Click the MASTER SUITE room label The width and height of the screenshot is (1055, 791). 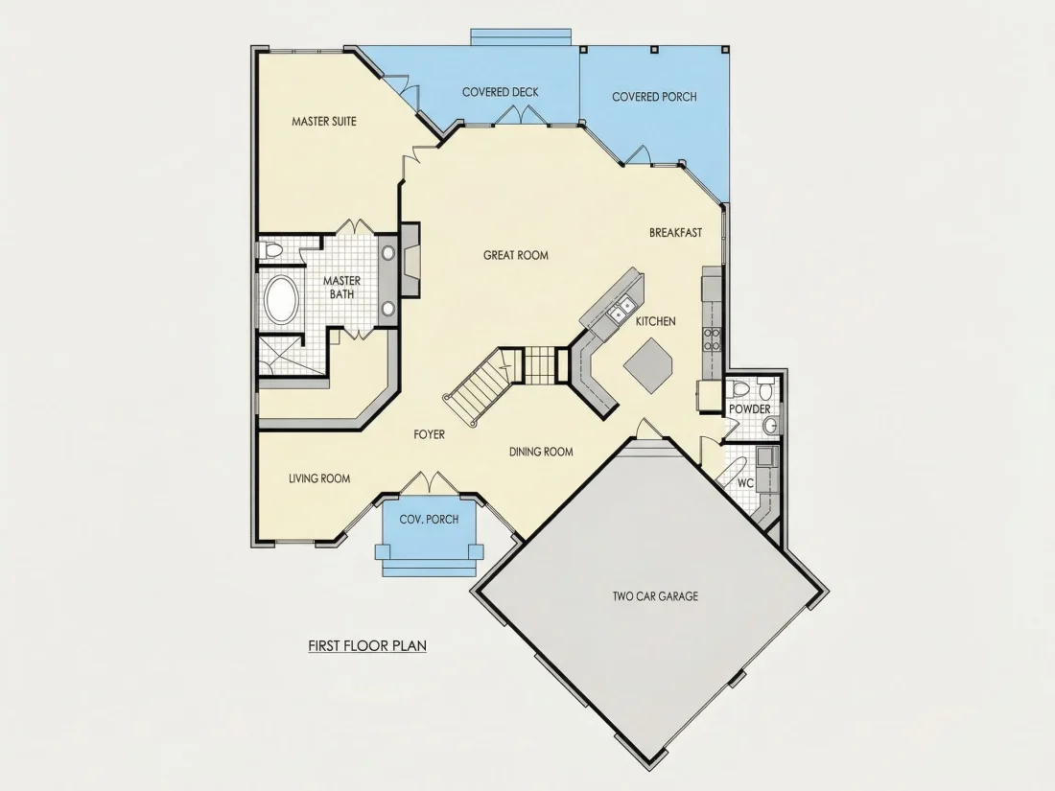coord(323,122)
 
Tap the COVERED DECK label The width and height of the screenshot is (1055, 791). coord(500,92)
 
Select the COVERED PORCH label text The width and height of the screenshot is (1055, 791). coord(654,97)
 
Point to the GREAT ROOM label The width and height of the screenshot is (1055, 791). coord(515,256)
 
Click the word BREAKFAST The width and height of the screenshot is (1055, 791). coord(675,233)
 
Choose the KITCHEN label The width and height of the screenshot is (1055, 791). coord(655,321)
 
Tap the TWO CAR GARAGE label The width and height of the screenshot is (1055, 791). coord(655,596)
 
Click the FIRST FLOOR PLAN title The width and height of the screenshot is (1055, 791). coord(367,645)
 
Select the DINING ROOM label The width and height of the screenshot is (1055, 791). coord(541,452)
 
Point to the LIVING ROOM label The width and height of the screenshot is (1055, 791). coord(319,478)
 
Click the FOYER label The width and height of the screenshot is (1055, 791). coord(430,435)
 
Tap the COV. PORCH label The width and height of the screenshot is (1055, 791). coord(430,520)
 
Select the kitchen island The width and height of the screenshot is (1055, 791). coord(648,365)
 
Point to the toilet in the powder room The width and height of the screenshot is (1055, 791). coord(739,388)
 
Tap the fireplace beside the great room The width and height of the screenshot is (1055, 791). coord(410,260)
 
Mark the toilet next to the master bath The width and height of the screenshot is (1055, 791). coord(271,251)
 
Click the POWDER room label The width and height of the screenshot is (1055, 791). coord(750,409)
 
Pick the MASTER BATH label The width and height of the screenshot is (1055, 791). coord(341,288)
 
